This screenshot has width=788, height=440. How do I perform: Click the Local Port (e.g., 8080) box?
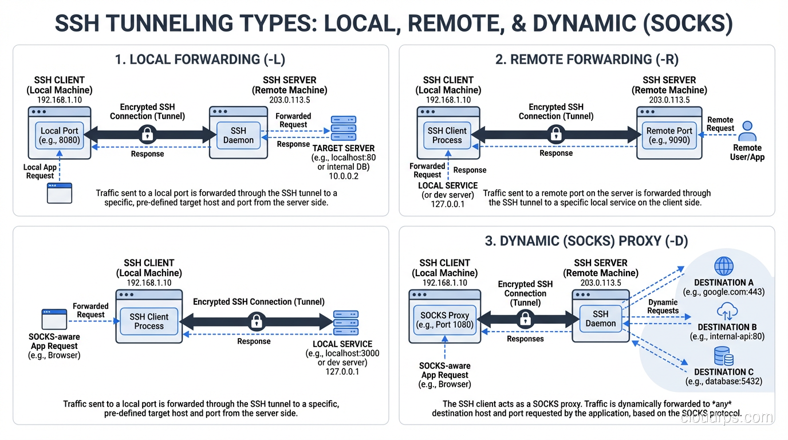60,135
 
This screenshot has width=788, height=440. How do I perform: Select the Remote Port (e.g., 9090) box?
669,135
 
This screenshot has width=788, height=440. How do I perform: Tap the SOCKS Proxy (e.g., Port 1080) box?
444,320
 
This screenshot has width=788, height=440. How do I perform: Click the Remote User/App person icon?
747,131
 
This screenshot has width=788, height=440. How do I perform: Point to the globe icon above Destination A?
724,266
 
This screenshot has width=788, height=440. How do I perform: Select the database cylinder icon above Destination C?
723,357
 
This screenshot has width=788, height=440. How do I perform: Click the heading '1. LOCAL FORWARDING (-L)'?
200,60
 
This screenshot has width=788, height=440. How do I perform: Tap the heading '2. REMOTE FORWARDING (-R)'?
586,60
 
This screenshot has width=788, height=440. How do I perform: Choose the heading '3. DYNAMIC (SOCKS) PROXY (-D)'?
586,241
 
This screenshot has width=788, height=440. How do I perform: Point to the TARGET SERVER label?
344,148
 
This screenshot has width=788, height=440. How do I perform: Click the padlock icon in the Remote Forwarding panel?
555,135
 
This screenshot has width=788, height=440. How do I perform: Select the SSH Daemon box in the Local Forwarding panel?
238,135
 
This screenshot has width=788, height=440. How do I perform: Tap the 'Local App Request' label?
40,171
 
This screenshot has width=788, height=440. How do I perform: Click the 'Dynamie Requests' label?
663,307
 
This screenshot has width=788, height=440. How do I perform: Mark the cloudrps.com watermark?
726,418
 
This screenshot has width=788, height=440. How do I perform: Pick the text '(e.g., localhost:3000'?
342,353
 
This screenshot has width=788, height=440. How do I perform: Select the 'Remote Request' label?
720,124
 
